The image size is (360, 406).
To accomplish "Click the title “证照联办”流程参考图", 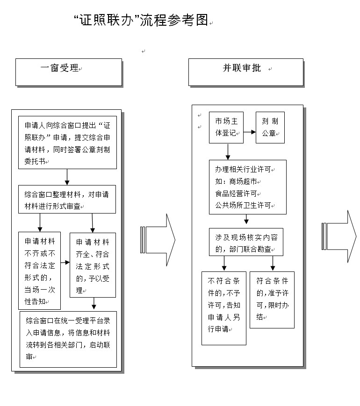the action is click(x=141, y=20).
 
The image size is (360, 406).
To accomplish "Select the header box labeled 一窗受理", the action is click(x=69, y=72).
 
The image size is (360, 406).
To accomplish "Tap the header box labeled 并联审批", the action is click(x=246, y=72).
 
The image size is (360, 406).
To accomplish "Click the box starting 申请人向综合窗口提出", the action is click(x=67, y=142).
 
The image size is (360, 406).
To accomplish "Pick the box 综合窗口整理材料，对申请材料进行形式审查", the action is click(x=67, y=199).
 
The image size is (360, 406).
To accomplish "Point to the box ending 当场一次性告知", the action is click(x=39, y=271).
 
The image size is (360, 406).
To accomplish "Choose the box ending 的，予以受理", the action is click(x=93, y=265).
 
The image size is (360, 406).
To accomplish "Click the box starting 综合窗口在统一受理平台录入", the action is click(x=68, y=339).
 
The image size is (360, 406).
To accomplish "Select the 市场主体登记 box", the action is click(x=226, y=128).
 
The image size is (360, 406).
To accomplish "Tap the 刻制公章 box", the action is click(x=270, y=128).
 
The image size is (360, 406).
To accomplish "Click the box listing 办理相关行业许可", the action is click(x=248, y=187).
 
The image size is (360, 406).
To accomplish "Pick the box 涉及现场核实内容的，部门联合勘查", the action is click(x=246, y=242).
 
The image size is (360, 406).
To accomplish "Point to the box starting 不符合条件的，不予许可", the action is click(x=224, y=308).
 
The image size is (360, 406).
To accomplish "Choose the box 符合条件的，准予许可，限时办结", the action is click(x=272, y=300).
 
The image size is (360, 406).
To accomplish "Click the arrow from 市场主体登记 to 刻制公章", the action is click(x=250, y=132).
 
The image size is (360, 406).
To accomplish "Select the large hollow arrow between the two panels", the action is click(x=158, y=240).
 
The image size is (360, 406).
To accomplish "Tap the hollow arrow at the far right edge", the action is click(x=339, y=236).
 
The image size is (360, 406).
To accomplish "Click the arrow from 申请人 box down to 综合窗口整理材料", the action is click(x=67, y=177).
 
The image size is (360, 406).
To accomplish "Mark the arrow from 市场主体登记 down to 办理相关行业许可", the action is click(x=228, y=152).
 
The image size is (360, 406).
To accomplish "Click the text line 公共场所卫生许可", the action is click(x=243, y=205).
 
